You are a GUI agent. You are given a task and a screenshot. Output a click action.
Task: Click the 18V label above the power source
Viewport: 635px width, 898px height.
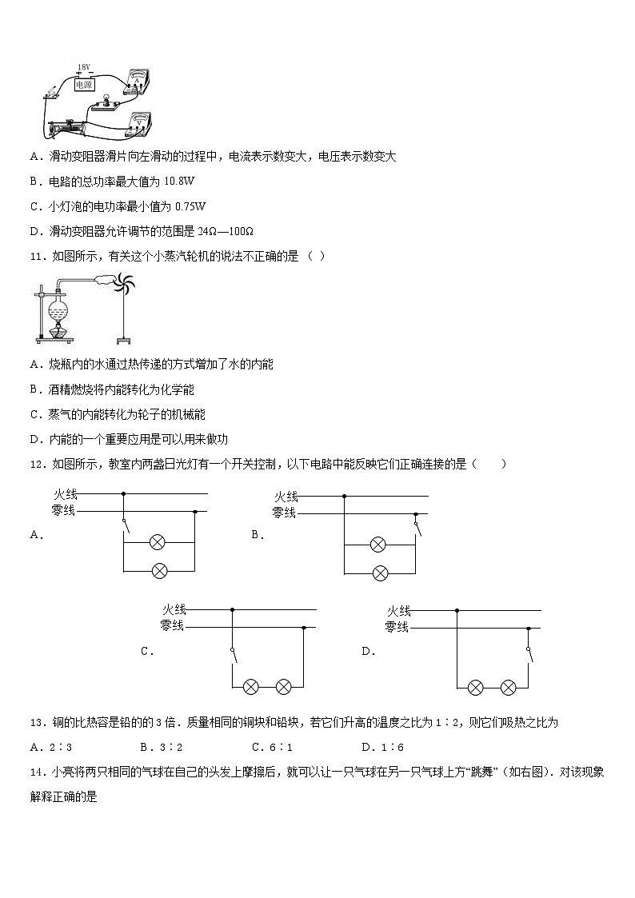tap(84, 68)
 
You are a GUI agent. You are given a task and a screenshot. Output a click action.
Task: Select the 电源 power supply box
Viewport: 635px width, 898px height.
tap(84, 82)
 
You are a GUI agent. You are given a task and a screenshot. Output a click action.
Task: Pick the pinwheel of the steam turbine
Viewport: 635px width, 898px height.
tap(124, 285)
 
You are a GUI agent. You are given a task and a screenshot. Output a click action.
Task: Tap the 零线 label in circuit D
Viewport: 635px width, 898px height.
tap(397, 628)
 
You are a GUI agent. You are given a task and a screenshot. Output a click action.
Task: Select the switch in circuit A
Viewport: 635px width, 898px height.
tap(124, 524)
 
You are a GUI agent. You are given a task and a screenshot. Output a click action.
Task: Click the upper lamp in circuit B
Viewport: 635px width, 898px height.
tap(378, 545)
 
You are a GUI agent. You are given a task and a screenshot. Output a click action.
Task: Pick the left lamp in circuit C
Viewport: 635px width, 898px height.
tap(250, 687)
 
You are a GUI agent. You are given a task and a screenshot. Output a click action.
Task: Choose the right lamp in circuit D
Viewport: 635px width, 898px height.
tap(508, 687)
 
